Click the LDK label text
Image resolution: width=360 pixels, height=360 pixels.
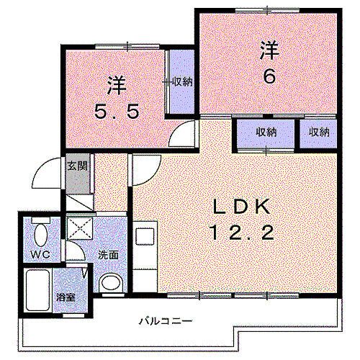(240, 208)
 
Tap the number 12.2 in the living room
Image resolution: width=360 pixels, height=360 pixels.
(240, 232)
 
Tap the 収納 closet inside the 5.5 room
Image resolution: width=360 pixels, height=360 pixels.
(181, 82)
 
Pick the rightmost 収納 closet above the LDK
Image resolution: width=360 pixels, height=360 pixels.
(318, 132)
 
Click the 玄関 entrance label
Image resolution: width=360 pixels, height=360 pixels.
(77, 166)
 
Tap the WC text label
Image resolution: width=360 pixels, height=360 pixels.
(39, 255)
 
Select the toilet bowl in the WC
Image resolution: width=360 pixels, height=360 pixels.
(40, 235)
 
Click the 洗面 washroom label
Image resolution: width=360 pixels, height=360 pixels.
(108, 254)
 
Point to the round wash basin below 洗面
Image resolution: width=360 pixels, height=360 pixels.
(110, 282)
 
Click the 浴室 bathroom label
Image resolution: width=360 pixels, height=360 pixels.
(63, 297)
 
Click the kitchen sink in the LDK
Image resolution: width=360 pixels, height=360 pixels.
(143, 237)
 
